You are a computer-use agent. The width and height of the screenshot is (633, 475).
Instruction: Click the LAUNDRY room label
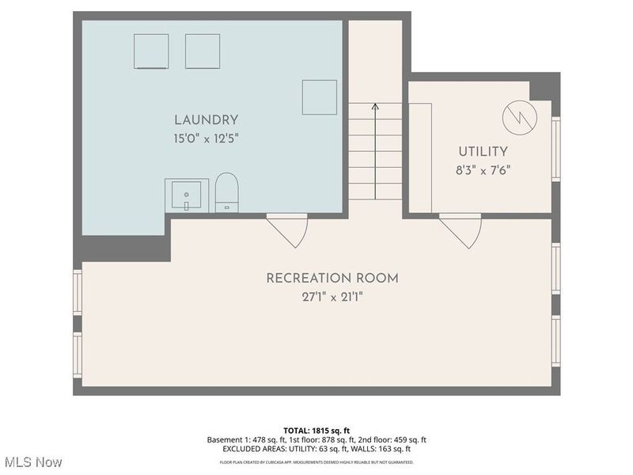206,120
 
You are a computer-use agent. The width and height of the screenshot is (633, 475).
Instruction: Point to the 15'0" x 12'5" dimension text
206,139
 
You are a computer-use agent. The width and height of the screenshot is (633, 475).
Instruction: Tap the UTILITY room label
483,151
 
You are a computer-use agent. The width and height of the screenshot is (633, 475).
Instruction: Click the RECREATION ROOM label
332,278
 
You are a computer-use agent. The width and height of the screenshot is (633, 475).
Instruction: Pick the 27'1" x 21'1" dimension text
332,297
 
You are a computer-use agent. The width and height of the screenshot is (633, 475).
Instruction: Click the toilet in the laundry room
227,192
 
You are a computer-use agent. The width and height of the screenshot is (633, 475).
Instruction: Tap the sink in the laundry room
187,195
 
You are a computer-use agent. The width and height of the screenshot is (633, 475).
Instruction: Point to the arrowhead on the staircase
375,105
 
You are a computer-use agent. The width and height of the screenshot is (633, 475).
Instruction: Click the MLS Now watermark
32,462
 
